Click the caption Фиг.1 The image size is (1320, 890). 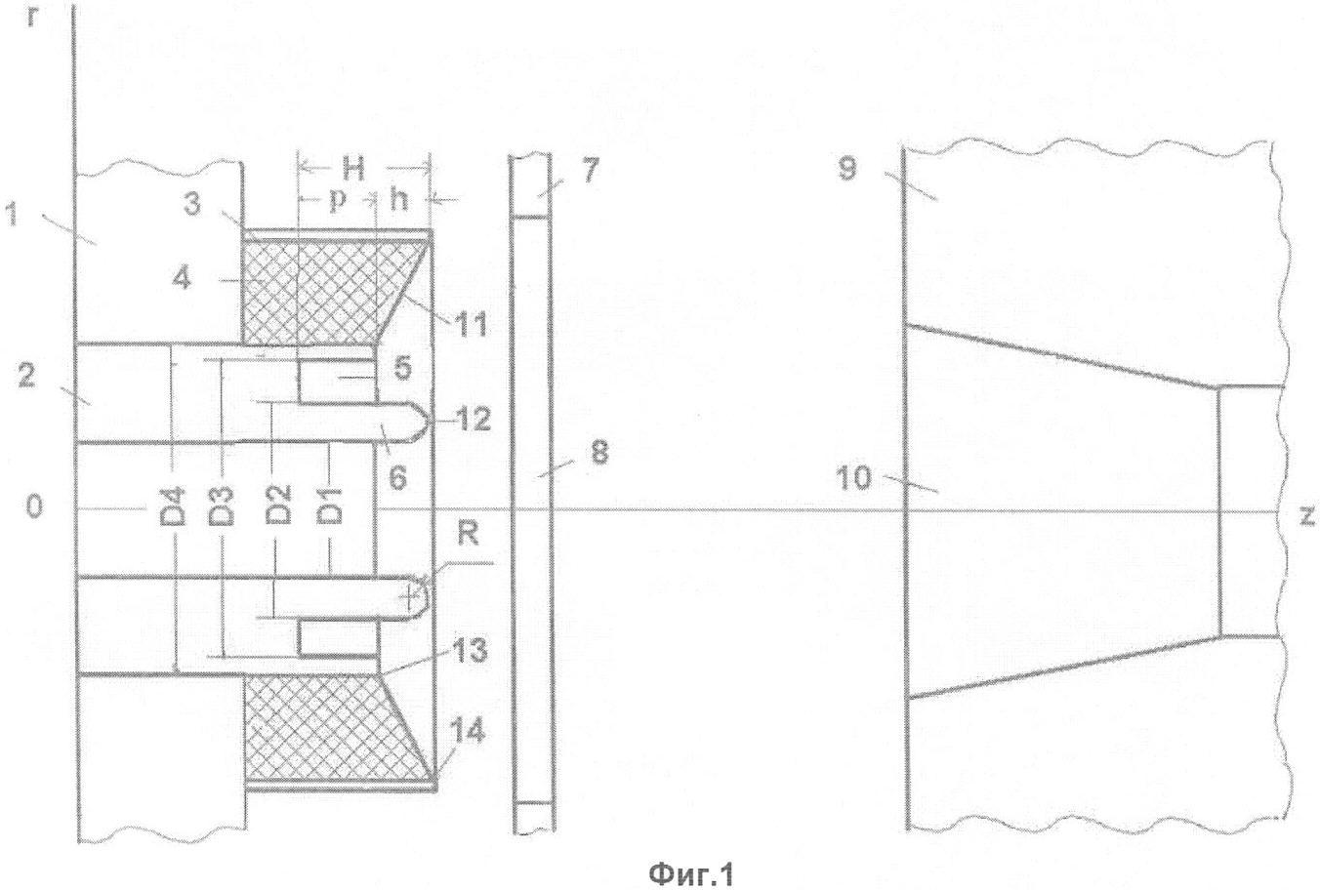click(x=691, y=873)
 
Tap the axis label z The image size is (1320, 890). click(x=1306, y=515)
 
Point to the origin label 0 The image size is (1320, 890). click(x=34, y=506)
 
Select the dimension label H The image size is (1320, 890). click(x=353, y=170)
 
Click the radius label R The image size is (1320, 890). click(x=468, y=535)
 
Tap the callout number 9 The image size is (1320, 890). click(x=846, y=170)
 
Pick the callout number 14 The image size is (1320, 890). click(x=468, y=732)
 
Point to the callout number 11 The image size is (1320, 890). click(x=470, y=325)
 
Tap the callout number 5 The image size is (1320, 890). click(x=402, y=367)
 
